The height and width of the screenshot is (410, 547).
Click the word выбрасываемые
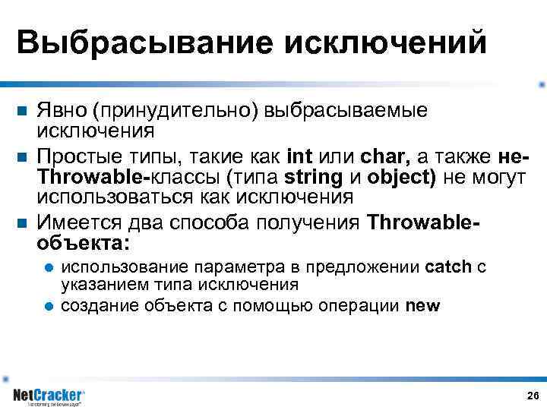point(346,111)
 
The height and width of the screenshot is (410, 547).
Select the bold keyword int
point(301,157)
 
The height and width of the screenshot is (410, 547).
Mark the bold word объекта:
point(84,244)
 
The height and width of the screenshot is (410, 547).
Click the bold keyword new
point(422,306)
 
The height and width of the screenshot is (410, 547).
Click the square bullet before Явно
point(22,112)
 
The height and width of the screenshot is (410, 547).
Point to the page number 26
point(532,396)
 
